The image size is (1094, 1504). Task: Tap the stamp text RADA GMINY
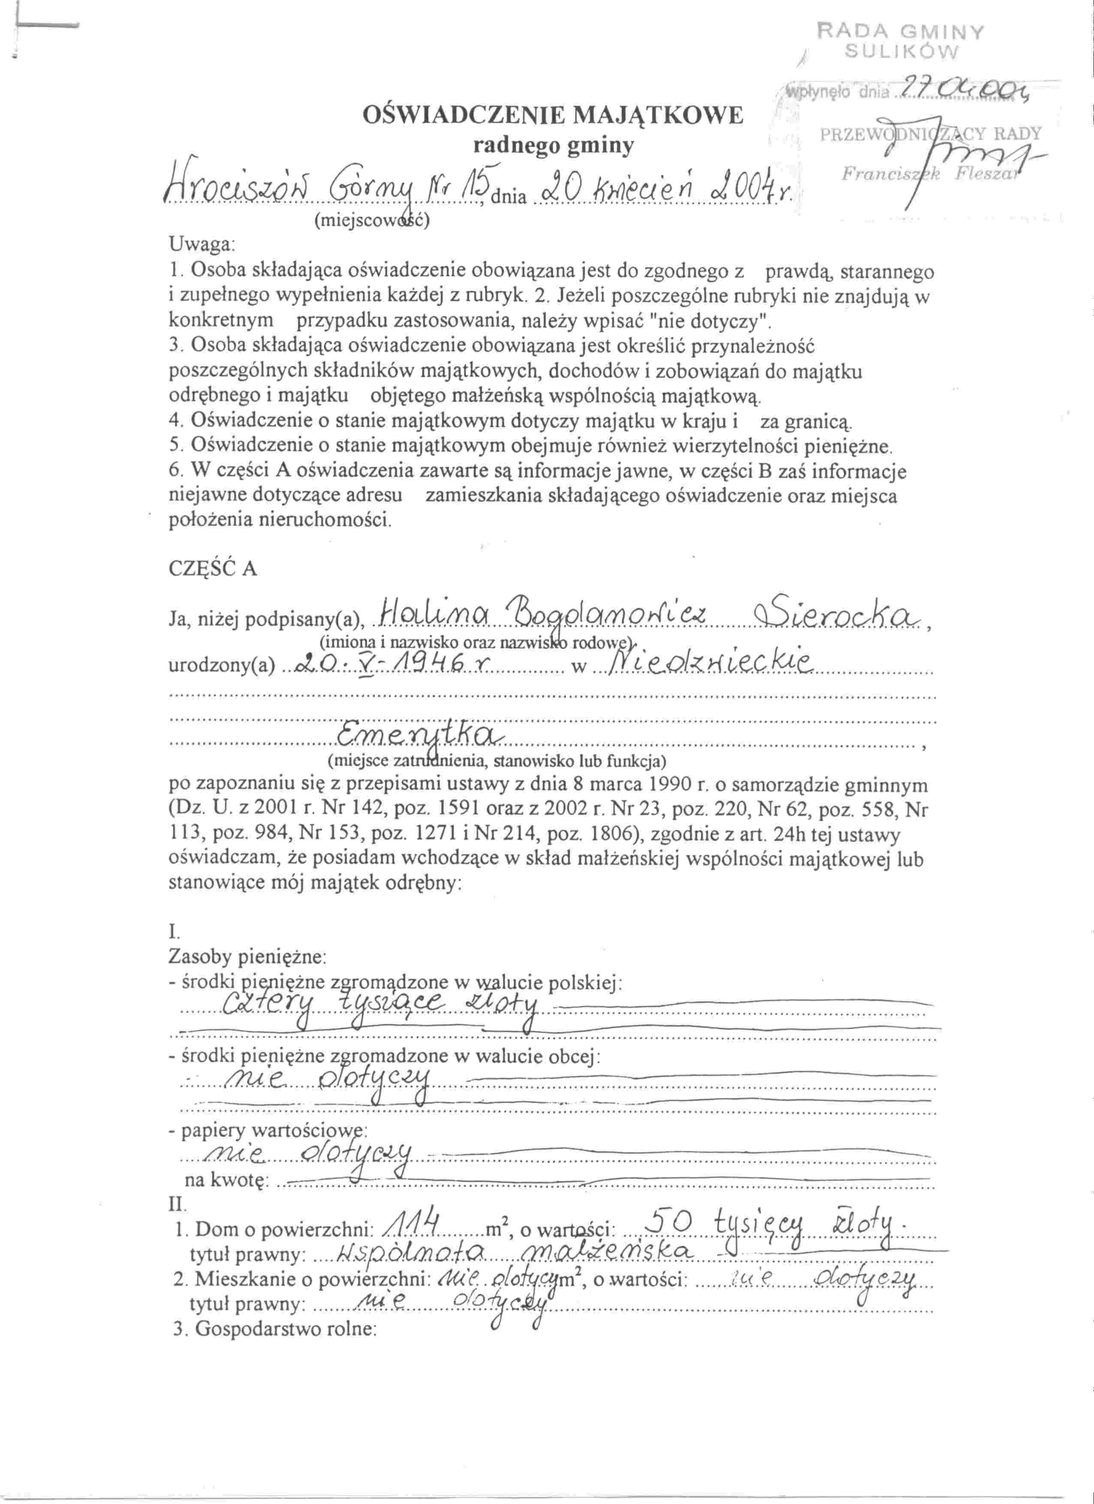(x=902, y=32)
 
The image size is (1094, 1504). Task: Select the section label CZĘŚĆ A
(x=213, y=569)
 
